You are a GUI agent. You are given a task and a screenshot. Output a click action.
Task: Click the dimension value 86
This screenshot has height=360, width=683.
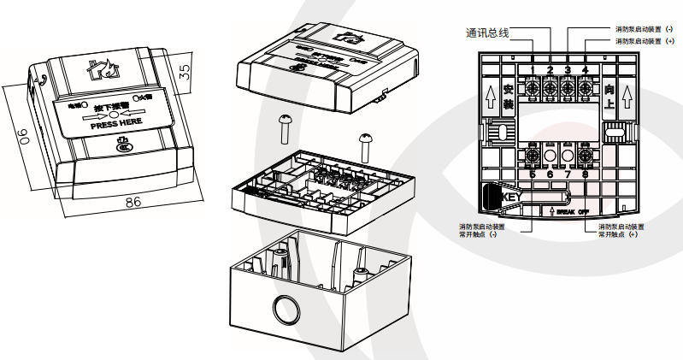coord(132,202)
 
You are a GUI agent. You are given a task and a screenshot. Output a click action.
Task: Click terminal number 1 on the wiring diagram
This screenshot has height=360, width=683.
coord(533,69)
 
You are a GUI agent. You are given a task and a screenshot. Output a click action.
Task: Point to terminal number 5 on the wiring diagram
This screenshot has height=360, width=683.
coord(533,175)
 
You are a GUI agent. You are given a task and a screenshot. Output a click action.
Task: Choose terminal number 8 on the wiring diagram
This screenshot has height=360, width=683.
coord(586,175)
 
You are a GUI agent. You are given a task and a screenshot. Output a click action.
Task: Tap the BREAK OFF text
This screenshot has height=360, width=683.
coord(574,210)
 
